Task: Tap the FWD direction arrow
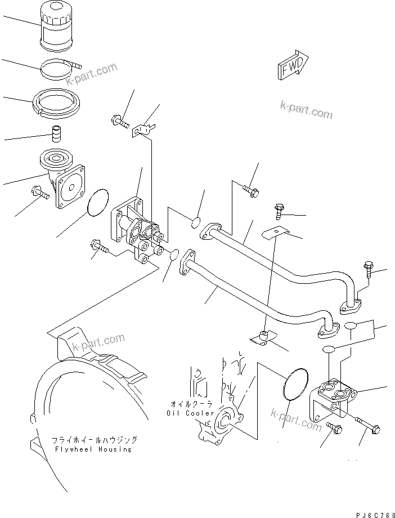point(292,67)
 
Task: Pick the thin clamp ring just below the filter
point(60,70)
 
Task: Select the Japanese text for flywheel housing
point(94,440)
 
